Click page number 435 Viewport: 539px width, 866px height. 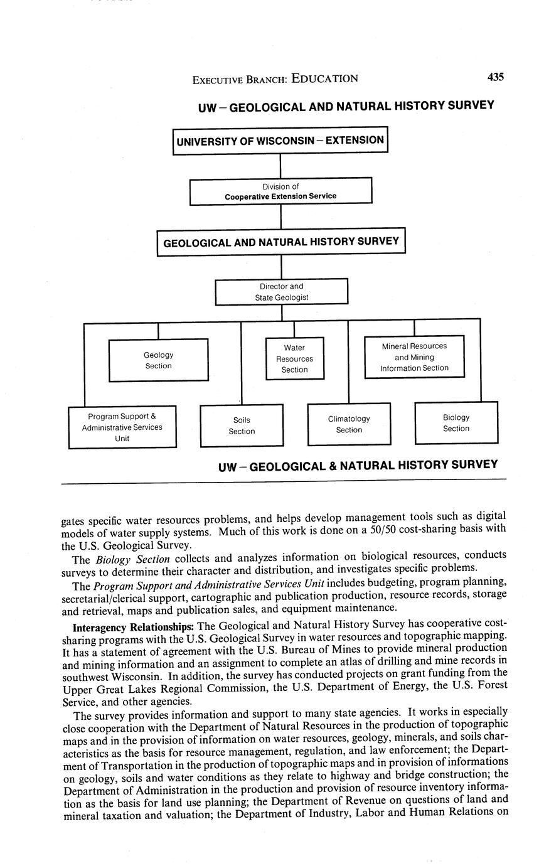494,77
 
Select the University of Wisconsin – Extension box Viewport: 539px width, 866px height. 280,141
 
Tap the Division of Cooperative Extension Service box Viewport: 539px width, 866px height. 280,191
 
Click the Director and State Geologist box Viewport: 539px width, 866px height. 281,292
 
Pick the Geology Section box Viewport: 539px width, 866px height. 158,360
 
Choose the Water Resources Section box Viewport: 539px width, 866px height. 294,358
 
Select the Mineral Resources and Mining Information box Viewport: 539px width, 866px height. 414,357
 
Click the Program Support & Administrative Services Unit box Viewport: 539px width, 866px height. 122,427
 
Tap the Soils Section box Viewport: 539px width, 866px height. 242,425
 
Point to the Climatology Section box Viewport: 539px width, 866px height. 349,424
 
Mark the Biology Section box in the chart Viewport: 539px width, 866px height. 456,423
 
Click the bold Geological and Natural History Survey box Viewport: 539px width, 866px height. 280,242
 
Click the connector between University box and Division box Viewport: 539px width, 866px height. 280,166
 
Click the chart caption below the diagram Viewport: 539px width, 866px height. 358,466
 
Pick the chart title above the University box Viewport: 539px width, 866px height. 346,106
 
